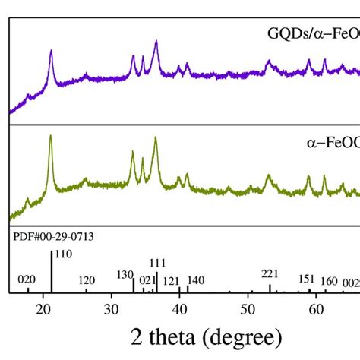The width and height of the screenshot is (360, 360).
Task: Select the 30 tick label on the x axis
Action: (x=112, y=309)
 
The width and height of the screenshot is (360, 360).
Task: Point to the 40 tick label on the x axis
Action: (x=180, y=309)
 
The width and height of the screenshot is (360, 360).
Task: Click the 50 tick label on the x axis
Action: (x=248, y=309)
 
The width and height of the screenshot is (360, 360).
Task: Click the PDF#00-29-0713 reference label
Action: (x=53, y=236)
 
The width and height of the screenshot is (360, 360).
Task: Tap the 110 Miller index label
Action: (x=64, y=254)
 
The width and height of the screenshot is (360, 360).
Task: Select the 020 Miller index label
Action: (x=27, y=279)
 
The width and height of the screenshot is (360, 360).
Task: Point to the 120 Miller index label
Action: (x=87, y=279)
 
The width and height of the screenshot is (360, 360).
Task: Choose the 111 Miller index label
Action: (x=157, y=264)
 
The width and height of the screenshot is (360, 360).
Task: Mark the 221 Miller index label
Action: (x=270, y=273)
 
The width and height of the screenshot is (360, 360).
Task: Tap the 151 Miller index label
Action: (x=306, y=279)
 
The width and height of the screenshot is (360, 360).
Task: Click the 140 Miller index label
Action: (x=195, y=279)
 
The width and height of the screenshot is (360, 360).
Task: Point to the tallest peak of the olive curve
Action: (x=51, y=137)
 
